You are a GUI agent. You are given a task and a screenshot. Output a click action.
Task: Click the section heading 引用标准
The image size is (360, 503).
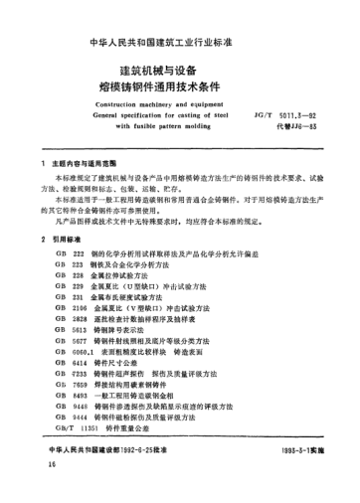point(69,241)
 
